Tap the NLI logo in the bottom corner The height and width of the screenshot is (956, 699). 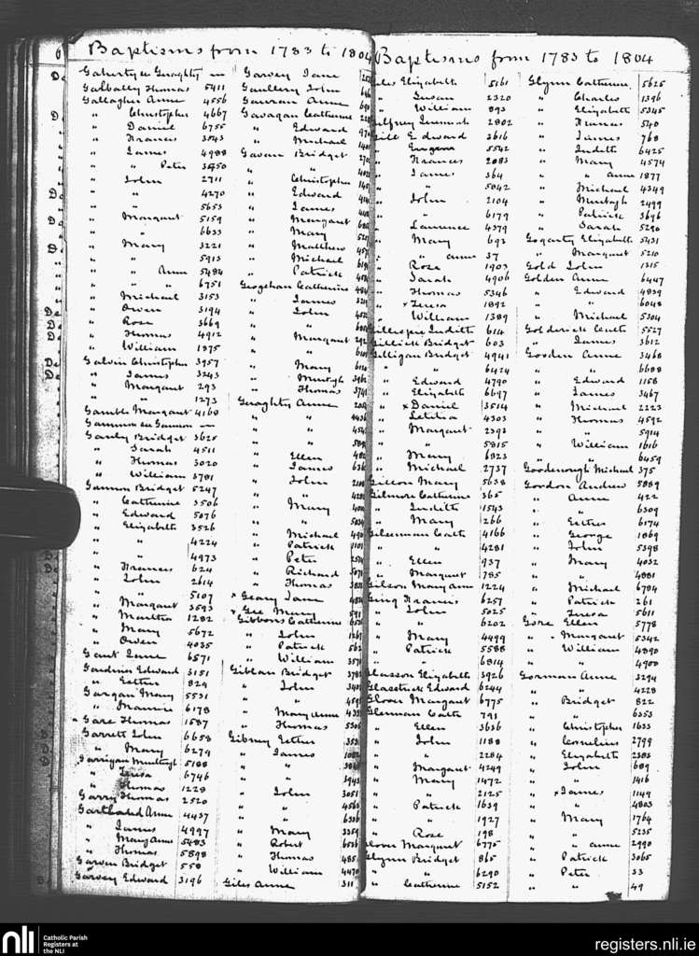19,939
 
